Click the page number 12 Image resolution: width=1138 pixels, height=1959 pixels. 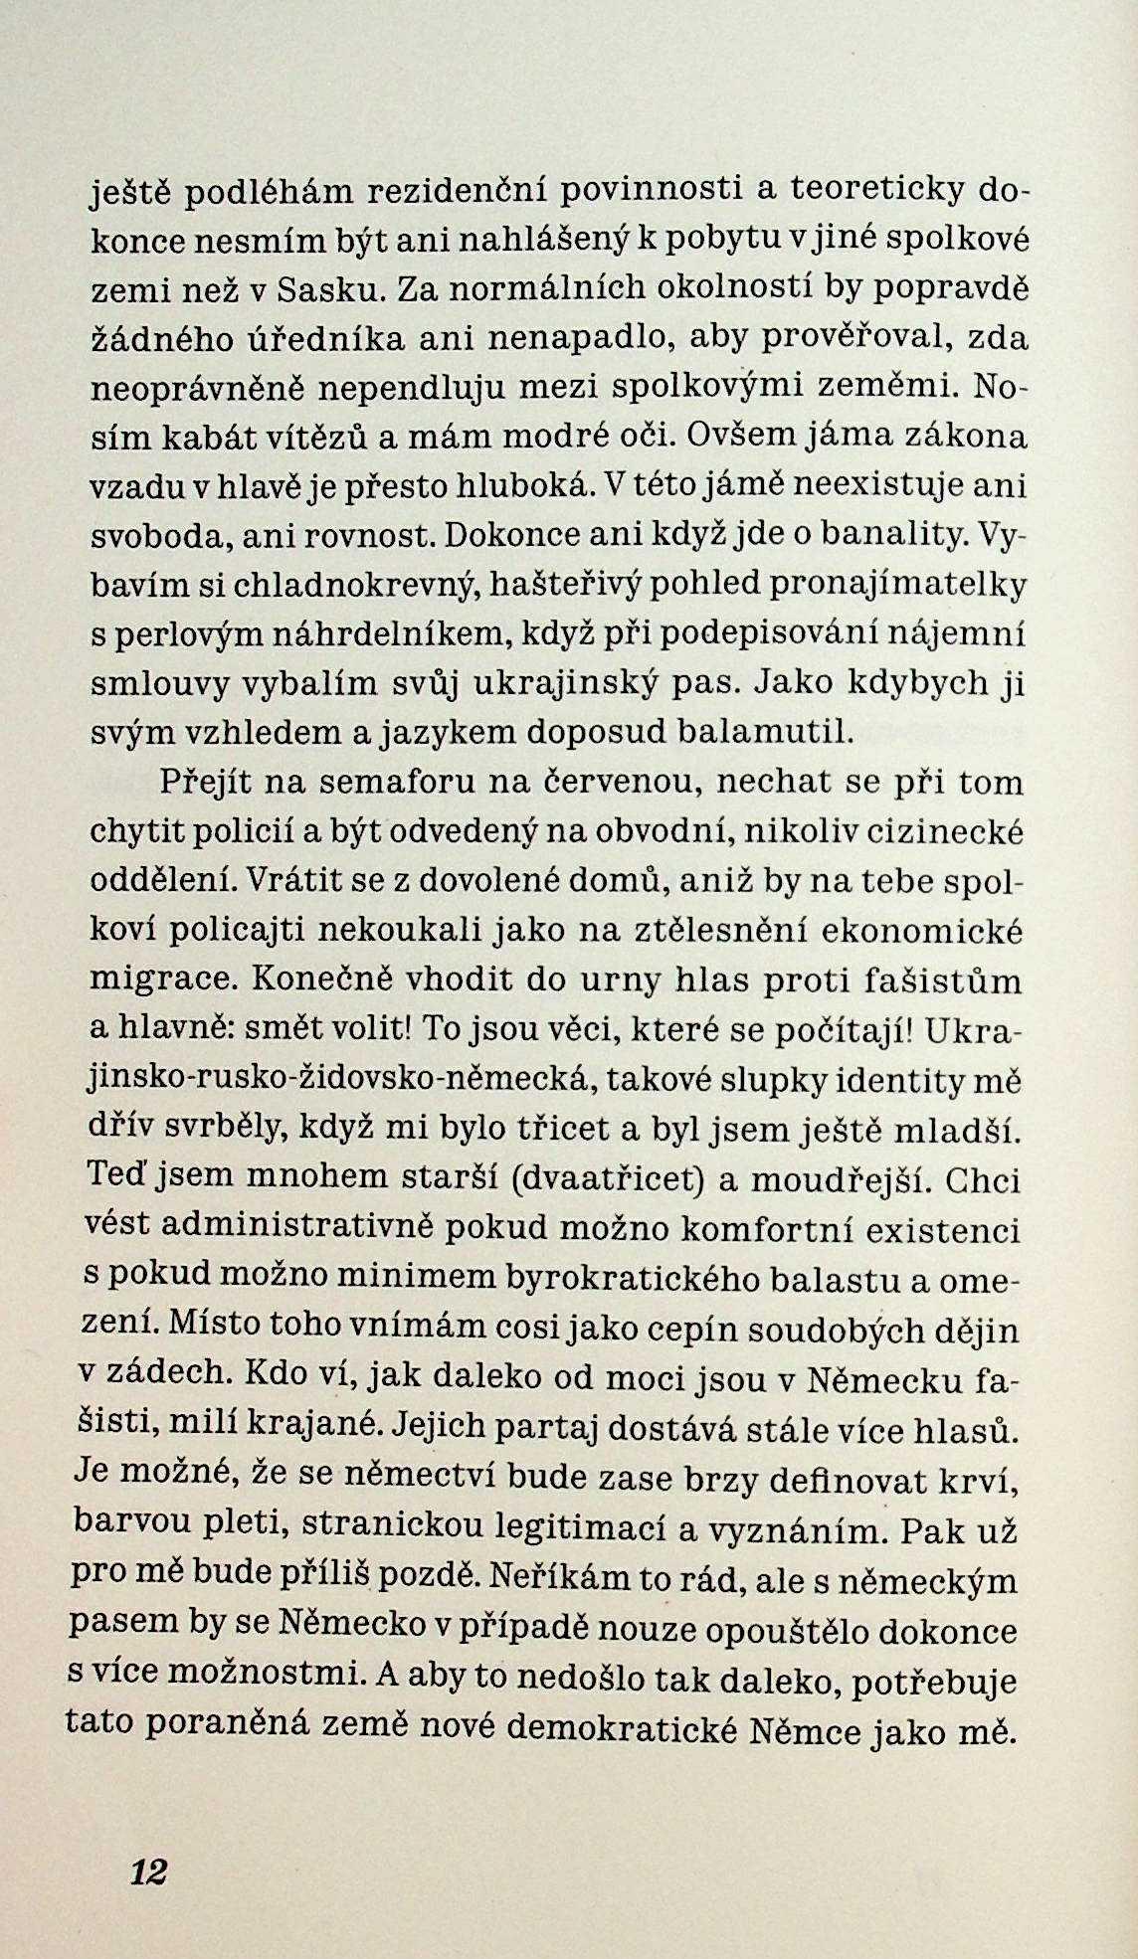[x=148, y=1871]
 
